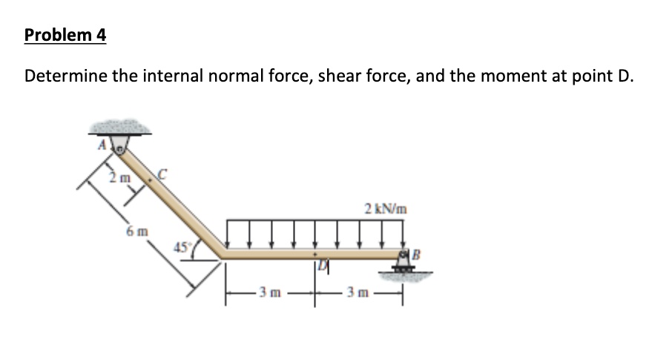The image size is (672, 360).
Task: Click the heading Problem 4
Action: click(x=65, y=35)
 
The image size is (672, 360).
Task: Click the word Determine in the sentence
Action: click(x=65, y=76)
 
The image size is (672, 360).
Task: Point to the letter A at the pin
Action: click(x=102, y=145)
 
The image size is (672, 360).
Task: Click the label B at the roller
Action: click(x=416, y=255)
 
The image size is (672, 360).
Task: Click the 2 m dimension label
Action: click(x=119, y=177)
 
